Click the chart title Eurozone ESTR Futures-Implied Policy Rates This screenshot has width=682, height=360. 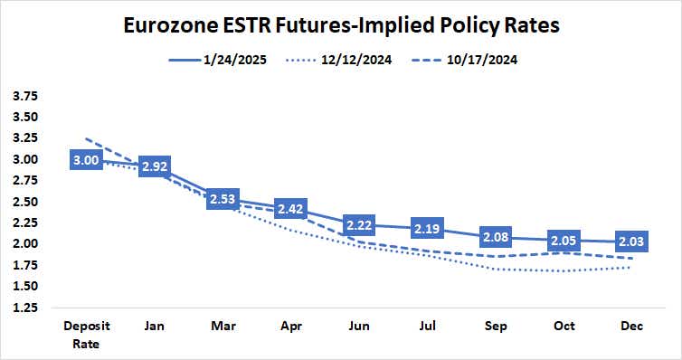click(x=341, y=24)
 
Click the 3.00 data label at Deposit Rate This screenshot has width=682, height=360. click(x=86, y=160)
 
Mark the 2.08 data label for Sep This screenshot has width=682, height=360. click(x=497, y=237)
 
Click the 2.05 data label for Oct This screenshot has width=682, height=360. click(x=565, y=240)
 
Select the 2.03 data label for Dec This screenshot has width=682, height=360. click(x=633, y=242)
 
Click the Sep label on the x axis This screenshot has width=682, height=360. click(x=497, y=327)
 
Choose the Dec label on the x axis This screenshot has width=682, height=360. click(x=633, y=327)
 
